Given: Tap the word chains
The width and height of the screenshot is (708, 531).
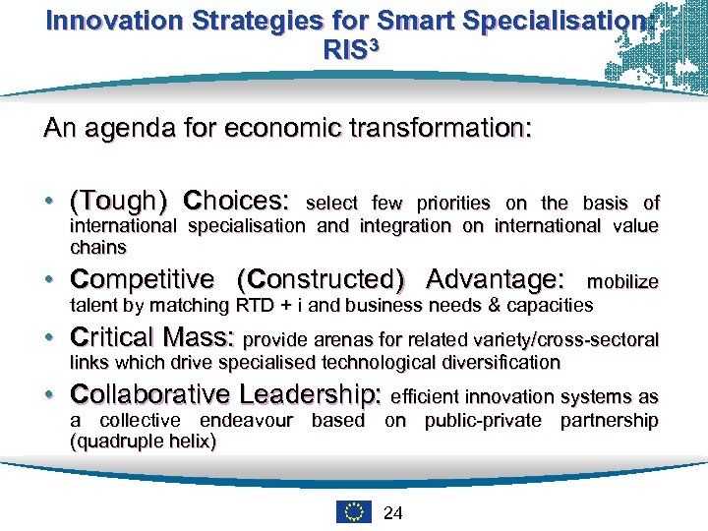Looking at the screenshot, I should pyautogui.click(x=98, y=247).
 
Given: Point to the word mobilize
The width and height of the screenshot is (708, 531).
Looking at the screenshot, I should pyautogui.click(x=622, y=283).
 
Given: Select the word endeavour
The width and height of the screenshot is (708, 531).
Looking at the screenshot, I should pyautogui.click(x=247, y=421).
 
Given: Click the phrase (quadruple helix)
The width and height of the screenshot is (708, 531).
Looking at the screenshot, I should pyautogui.click(x=144, y=442).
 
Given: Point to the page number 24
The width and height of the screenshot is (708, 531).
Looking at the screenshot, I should pyautogui.click(x=391, y=512).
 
